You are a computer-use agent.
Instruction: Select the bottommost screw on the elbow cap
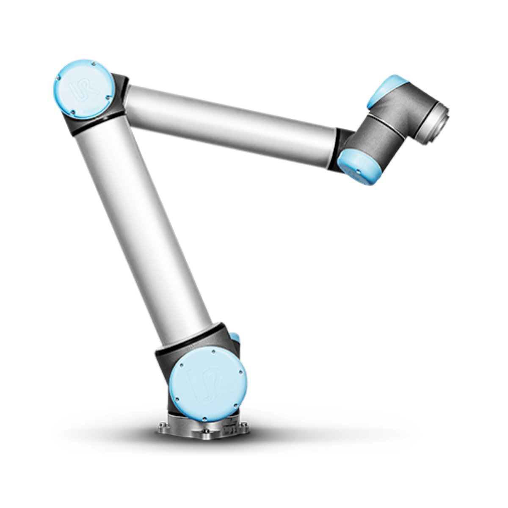(x=73, y=113)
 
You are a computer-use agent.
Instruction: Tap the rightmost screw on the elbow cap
(x=109, y=97)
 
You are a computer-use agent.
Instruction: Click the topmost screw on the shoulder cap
(x=213, y=351)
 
